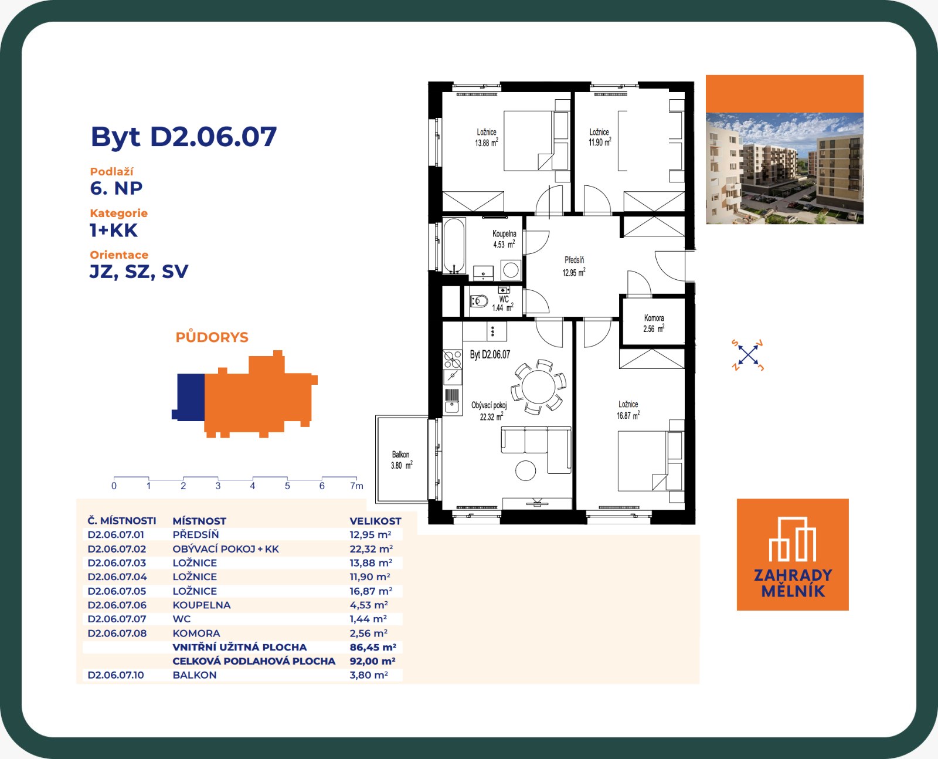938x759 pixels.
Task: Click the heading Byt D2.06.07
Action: [183, 137]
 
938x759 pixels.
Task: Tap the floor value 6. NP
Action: [116, 188]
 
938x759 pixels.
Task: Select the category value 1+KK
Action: [114, 231]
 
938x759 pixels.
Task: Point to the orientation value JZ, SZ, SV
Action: [139, 272]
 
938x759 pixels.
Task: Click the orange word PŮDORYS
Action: [212, 337]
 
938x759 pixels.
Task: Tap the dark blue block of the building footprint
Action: [189, 397]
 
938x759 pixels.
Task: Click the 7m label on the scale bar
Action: [356, 486]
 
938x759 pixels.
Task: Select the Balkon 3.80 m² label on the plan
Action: [401, 460]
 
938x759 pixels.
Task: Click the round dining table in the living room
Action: [538, 387]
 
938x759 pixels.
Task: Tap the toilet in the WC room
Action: [479, 301]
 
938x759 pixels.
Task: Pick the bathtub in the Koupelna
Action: [454, 246]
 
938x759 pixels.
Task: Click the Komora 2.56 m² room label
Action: [654, 323]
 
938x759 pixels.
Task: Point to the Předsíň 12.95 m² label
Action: [574, 266]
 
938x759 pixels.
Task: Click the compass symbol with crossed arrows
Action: [747, 355]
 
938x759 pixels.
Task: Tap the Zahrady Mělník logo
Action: [793, 555]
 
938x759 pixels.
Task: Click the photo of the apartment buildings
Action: [784, 168]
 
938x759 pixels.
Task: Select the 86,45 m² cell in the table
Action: [372, 647]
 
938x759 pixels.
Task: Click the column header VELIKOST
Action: [375, 521]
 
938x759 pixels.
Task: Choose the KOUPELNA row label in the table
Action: [201, 605]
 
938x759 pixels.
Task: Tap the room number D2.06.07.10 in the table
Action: [115, 675]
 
